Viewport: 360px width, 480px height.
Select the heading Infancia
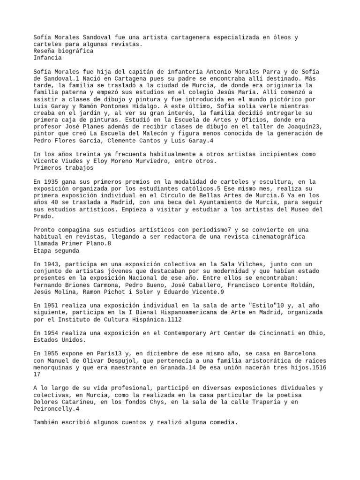pos(47,58)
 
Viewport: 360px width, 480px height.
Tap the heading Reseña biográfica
pos(63,51)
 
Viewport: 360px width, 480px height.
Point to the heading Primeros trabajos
pos(63,168)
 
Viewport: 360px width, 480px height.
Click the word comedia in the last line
pos(222,422)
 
